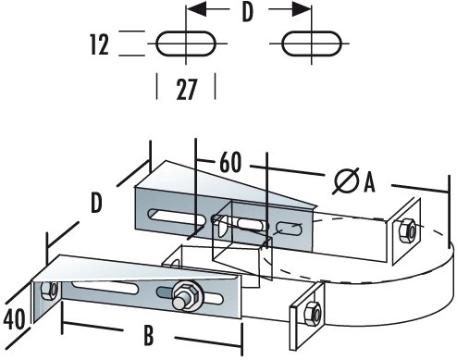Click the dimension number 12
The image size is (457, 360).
tap(99, 45)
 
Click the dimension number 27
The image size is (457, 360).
tap(186, 89)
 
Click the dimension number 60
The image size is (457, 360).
tap(230, 162)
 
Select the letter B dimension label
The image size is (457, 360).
tap(149, 335)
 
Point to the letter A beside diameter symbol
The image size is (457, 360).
tap(369, 182)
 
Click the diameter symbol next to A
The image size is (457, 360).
tap(346, 180)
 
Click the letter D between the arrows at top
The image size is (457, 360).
tap(247, 12)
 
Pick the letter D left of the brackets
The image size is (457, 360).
tap(96, 203)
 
